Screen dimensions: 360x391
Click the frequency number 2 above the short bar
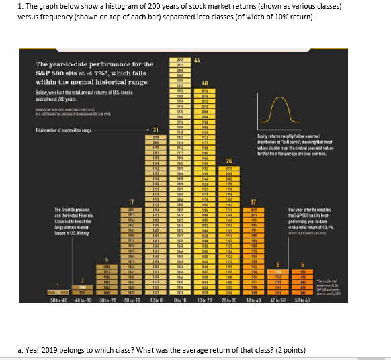[x=83, y=281]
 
